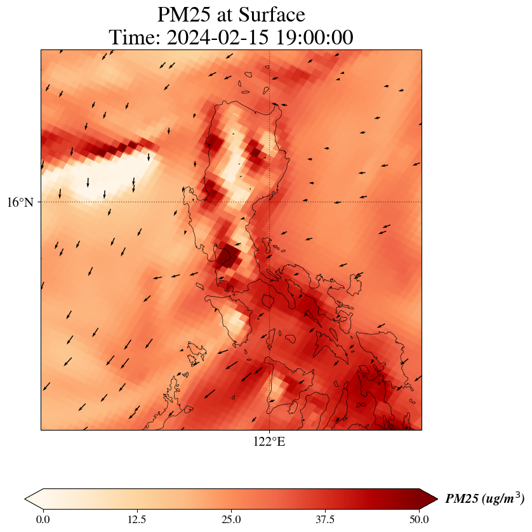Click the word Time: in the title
point(134,37)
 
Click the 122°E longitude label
point(269,442)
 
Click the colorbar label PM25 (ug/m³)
point(484,499)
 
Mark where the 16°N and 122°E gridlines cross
point(270,202)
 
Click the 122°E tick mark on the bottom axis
point(270,431)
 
